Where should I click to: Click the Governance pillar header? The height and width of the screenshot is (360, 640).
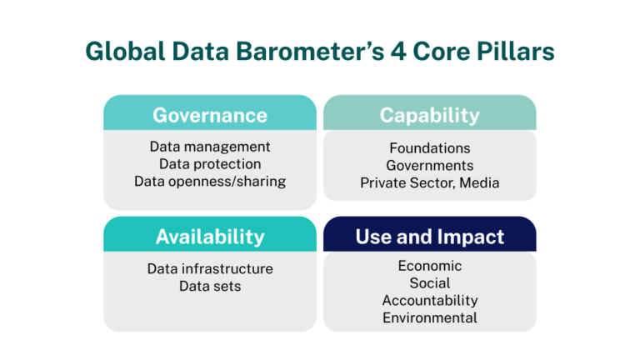pyautogui.click(x=210, y=115)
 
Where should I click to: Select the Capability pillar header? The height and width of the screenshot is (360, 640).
pyautogui.click(x=430, y=115)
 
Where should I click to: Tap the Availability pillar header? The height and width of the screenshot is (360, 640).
pyautogui.click(x=210, y=237)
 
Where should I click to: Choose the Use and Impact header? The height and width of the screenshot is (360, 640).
pyautogui.click(x=430, y=237)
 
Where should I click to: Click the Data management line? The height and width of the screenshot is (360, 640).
pyautogui.click(x=210, y=147)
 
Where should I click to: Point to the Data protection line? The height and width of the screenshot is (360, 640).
pyautogui.click(x=210, y=164)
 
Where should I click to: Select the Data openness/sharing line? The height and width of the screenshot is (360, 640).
pyautogui.click(x=210, y=182)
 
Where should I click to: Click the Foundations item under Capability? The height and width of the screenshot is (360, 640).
pyautogui.click(x=430, y=148)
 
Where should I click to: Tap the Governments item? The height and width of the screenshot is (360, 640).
pyautogui.click(x=430, y=165)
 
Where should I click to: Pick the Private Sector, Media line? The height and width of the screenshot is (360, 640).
pyautogui.click(x=430, y=182)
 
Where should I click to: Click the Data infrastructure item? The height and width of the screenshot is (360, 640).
pyautogui.click(x=210, y=269)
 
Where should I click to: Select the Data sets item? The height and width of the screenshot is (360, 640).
pyautogui.click(x=210, y=287)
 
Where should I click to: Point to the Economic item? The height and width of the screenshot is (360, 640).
pyautogui.click(x=430, y=266)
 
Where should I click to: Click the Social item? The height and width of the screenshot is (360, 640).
pyautogui.click(x=430, y=283)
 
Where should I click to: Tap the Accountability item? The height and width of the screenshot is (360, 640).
pyautogui.click(x=430, y=301)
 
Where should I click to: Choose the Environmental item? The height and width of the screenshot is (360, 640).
pyautogui.click(x=430, y=317)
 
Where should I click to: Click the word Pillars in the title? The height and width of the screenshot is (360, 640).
pyautogui.click(x=517, y=52)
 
